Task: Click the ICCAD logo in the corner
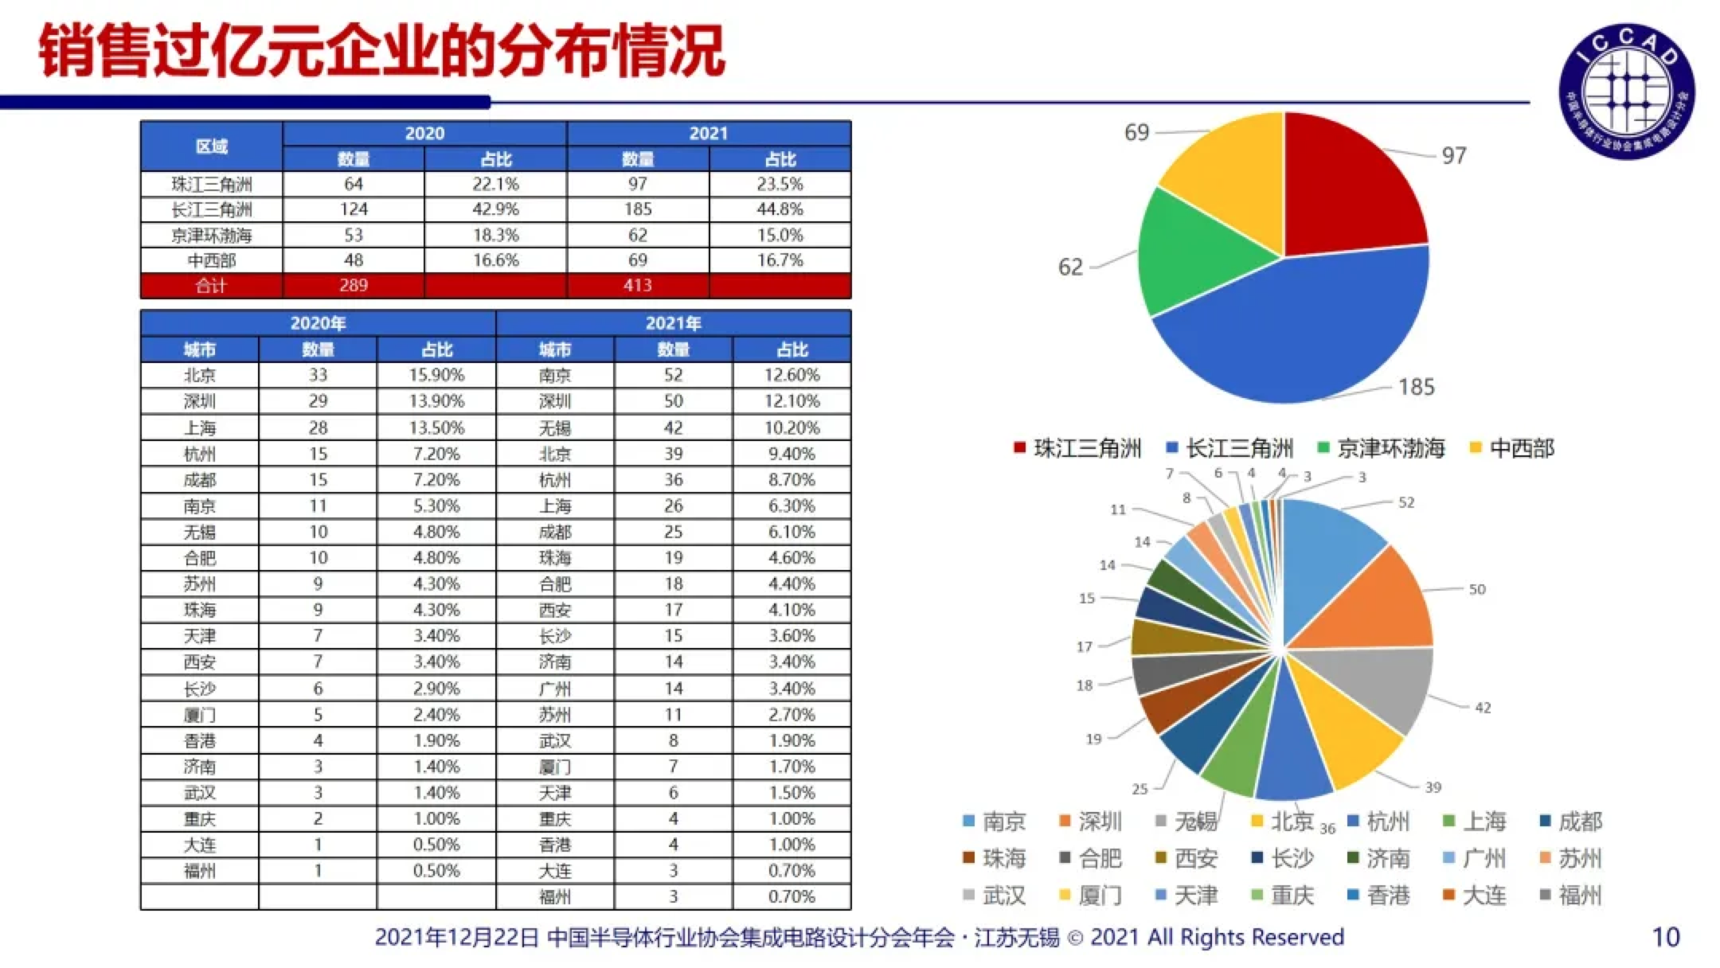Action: pyautogui.click(x=1626, y=90)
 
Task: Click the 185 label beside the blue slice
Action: pyautogui.click(x=1416, y=387)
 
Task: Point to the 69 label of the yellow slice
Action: pyautogui.click(x=1136, y=132)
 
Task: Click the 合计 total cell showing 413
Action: pyautogui.click(x=637, y=285)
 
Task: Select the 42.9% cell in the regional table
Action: pyautogui.click(x=495, y=209)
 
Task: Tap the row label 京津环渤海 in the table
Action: pyautogui.click(x=211, y=235)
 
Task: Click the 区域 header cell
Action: pyautogui.click(x=211, y=146)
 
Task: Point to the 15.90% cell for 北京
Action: pyautogui.click(x=436, y=375)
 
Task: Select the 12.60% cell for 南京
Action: pyautogui.click(x=792, y=375)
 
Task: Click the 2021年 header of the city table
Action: pyautogui.click(x=673, y=323)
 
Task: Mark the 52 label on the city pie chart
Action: pyautogui.click(x=1406, y=502)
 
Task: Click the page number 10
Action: pyautogui.click(x=1666, y=937)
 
